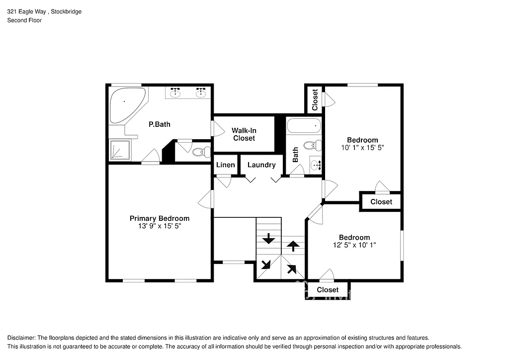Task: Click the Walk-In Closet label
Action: pos(244,134)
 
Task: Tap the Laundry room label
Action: pos(261,165)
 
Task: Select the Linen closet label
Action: pos(225,165)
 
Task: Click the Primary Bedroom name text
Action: pos(159,218)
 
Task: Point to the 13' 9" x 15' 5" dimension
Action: pos(159,226)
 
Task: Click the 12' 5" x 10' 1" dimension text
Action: pos(354,245)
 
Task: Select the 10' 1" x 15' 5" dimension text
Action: pos(362,147)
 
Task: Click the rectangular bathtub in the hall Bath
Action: pos(304,126)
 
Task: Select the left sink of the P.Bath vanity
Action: pos(175,92)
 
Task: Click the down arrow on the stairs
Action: pos(268,239)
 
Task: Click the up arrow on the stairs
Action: pos(294,245)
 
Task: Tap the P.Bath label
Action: pos(159,124)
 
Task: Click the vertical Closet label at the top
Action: pos(315,99)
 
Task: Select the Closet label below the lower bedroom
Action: pos(328,290)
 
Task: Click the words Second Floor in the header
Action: pos(24,20)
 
